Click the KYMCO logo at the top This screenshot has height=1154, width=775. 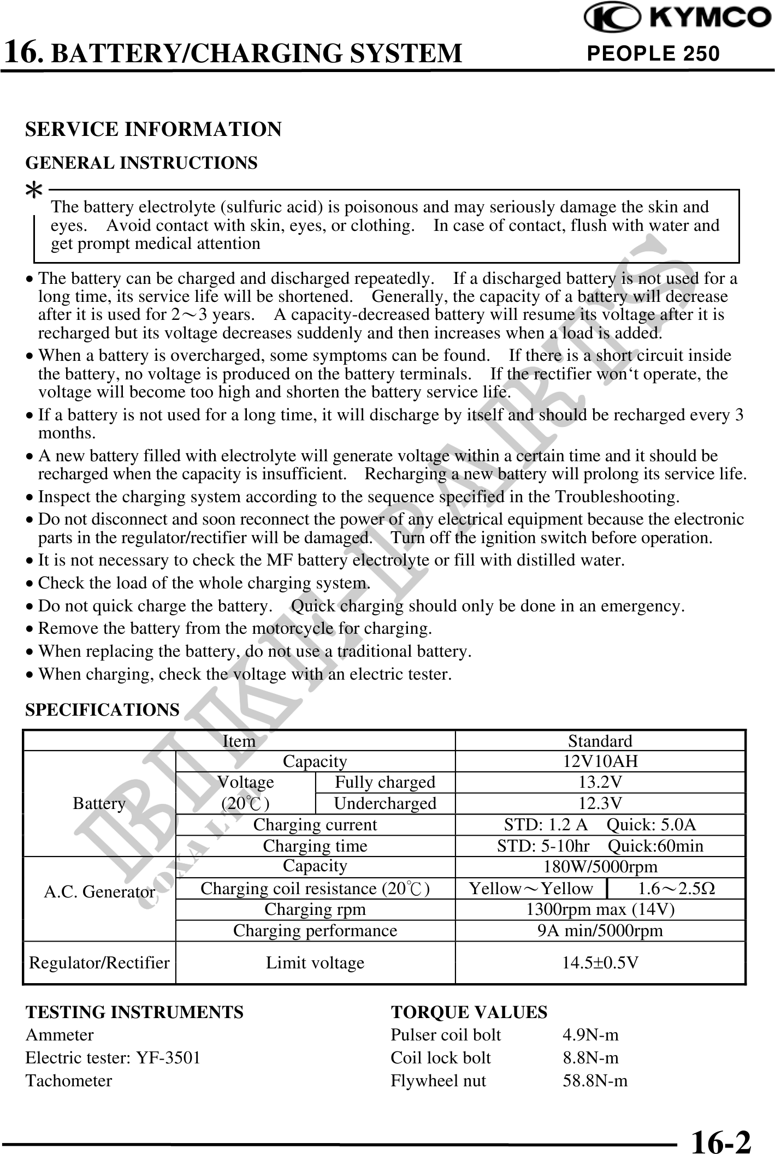(677, 19)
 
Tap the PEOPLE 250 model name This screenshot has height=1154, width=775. (653, 53)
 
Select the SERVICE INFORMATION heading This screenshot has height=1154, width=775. (153, 129)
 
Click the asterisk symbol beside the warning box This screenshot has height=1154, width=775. (35, 191)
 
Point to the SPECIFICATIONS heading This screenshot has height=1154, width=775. (102, 710)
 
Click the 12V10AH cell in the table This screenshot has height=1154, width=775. (600, 761)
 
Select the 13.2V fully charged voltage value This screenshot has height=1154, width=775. (600, 782)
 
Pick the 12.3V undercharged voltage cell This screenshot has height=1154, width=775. (600, 803)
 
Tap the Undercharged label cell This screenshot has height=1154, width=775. (385, 803)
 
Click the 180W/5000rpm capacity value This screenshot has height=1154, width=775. (600, 866)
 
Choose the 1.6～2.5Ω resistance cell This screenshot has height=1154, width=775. (677, 888)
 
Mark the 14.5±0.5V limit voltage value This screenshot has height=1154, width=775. (600, 962)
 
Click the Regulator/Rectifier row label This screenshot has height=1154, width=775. (99, 962)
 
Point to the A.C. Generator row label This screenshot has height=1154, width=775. (99, 892)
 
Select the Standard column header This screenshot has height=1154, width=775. (600, 741)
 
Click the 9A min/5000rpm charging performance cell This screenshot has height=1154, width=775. (600, 930)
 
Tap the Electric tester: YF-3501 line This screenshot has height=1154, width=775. (113, 1058)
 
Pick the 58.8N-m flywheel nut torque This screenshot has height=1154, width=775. (595, 1081)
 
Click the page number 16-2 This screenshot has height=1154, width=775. (721, 1139)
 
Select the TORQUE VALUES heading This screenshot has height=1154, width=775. (469, 1012)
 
